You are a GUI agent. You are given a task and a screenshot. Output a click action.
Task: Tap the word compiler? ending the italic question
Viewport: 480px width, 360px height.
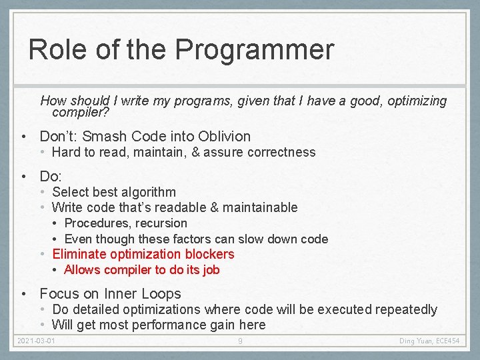point(81,113)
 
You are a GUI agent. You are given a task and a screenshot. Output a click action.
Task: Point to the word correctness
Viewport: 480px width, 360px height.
point(281,152)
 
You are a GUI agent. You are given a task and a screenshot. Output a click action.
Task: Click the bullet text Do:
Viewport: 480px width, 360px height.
point(51,177)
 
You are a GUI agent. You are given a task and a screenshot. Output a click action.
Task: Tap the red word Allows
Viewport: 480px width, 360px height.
point(83,270)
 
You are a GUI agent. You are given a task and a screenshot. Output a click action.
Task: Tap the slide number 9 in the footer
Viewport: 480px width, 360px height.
point(240,342)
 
